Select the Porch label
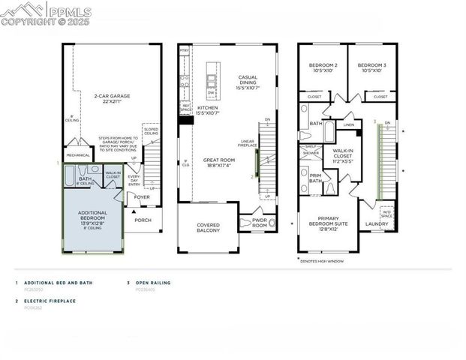pos(143,220)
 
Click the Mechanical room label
pos(77,156)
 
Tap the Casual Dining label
pos(248,83)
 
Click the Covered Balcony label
pos(208,228)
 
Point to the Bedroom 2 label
pos(323,68)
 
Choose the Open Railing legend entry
pos(153,283)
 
